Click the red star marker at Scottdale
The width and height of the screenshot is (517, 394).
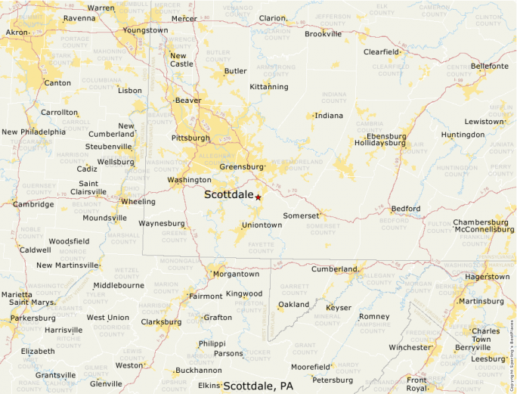click(258, 197)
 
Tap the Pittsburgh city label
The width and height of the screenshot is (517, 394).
click(190, 138)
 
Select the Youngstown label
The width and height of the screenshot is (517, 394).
click(146, 30)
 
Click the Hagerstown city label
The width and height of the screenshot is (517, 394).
click(487, 277)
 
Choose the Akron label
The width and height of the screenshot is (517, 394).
click(16, 33)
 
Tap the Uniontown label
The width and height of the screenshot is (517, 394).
click(262, 225)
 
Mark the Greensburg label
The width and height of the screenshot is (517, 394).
click(242, 166)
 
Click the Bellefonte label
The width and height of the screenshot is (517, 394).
click(489, 67)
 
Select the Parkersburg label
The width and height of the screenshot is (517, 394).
click(33, 318)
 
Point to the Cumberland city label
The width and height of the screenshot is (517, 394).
click(334, 269)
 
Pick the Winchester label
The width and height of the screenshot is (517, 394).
click(410, 347)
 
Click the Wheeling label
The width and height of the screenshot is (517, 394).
click(138, 202)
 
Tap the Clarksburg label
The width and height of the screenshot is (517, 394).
click(161, 321)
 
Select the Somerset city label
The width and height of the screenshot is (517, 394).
click(301, 216)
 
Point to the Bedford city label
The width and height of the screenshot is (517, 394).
click(405, 209)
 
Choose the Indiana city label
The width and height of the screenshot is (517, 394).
click(328, 116)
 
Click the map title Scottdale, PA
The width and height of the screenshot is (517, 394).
click(258, 386)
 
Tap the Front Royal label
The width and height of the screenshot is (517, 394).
click(416, 383)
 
